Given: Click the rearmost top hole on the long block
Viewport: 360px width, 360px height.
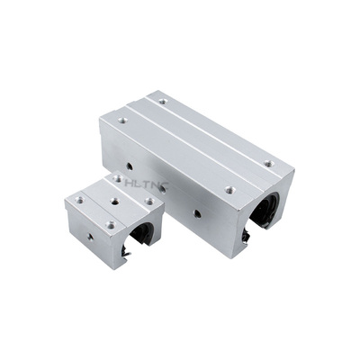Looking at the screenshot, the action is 162,102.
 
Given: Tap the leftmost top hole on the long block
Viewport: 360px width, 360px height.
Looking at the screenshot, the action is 122,121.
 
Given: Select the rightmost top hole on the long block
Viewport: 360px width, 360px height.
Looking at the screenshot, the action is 269,164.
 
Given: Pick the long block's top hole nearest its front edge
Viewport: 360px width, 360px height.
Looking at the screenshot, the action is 229,189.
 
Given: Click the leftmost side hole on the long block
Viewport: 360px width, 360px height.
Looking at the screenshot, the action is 130,166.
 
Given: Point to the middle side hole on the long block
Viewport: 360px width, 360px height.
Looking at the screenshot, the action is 163,189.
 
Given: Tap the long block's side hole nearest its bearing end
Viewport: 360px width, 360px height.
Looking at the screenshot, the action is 197,213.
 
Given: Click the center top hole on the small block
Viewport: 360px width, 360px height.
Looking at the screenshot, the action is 114,202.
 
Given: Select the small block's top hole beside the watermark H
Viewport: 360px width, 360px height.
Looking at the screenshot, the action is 118,179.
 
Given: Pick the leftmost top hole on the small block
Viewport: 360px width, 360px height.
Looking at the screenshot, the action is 79,199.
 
